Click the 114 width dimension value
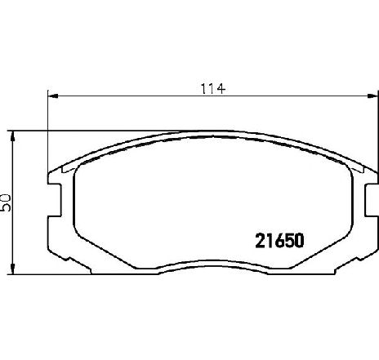coord(213,89)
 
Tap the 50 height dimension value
coord(6,202)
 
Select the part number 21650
coord(279,241)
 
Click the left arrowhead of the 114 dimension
coord(53,96)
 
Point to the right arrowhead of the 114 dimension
coord(373,96)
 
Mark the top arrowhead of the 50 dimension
coord(12,136)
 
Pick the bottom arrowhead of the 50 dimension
coord(12,269)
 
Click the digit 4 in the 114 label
coord(221,89)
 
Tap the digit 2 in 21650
coord(260,241)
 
